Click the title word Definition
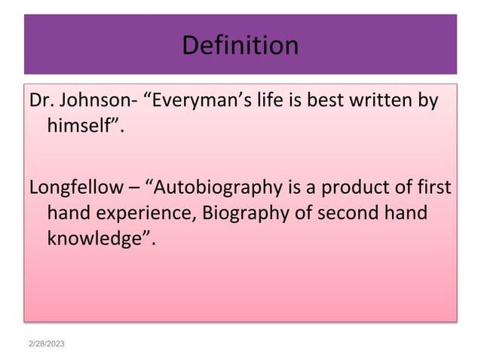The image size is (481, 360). coord(240,46)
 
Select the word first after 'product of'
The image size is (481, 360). coord(432,187)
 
